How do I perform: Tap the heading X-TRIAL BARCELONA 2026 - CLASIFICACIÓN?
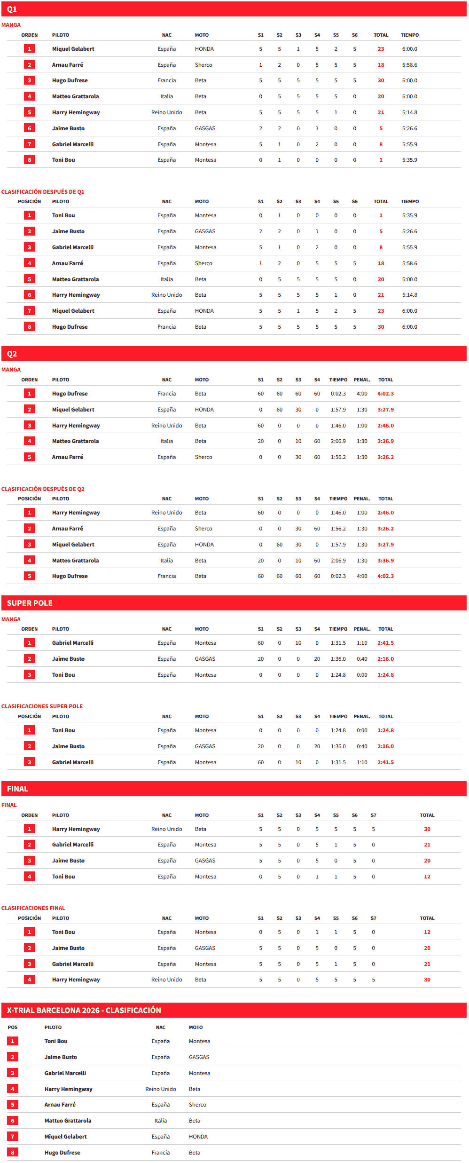click(84, 1010)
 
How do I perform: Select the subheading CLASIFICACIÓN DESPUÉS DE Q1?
click(43, 192)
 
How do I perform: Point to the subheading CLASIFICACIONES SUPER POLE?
click(42, 706)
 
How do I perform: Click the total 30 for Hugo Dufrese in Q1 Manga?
click(381, 80)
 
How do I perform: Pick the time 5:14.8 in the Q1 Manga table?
click(409, 112)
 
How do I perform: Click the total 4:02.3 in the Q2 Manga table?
click(385, 394)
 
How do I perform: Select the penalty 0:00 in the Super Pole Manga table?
click(362, 675)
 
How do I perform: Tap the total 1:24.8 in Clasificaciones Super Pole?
click(385, 730)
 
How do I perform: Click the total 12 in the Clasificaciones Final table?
click(427, 932)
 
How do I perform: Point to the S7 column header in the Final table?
click(373, 815)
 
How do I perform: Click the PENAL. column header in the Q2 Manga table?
click(362, 380)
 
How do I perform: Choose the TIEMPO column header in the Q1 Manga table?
click(409, 35)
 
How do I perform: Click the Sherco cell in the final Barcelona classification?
click(197, 1105)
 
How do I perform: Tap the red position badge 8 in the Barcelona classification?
click(13, 1152)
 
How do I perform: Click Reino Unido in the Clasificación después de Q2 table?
click(166, 513)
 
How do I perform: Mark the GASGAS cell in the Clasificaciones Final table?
click(205, 948)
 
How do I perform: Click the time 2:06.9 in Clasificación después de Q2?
click(338, 561)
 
